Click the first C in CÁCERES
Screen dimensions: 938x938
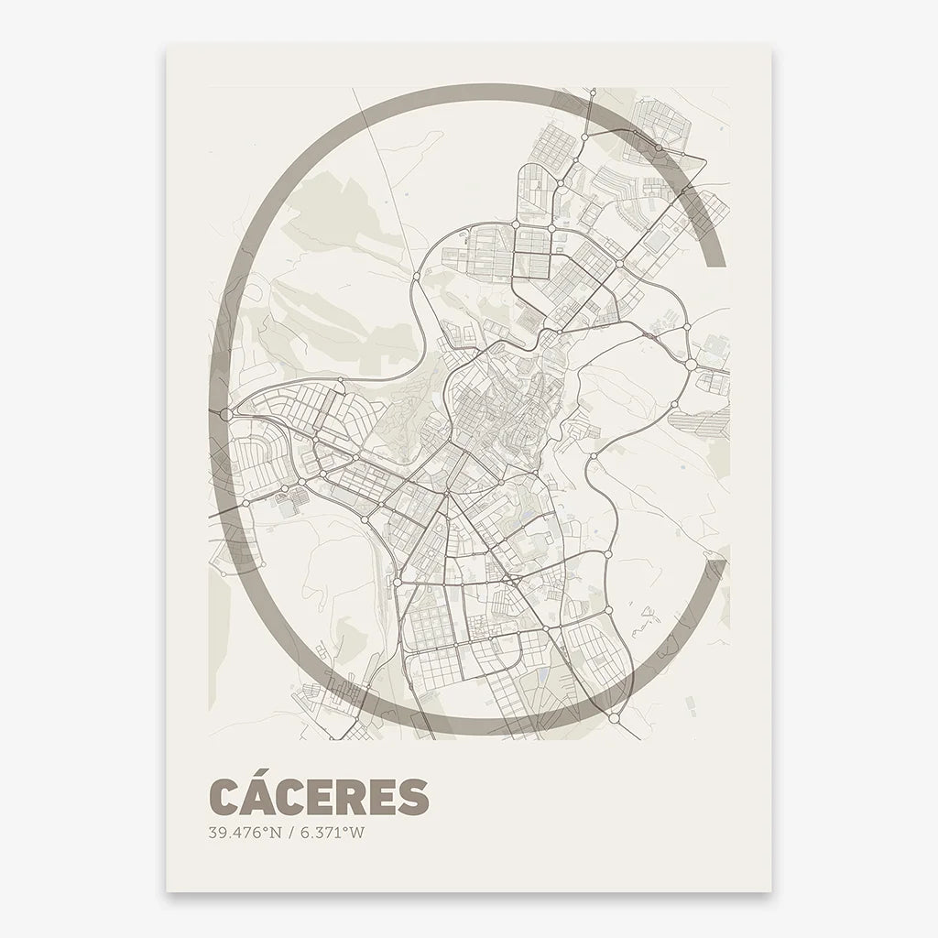(x=226, y=796)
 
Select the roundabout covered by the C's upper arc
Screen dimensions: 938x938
(x=658, y=147)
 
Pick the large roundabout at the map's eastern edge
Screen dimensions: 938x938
(x=691, y=365)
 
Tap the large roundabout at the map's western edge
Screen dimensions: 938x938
(x=226, y=414)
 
